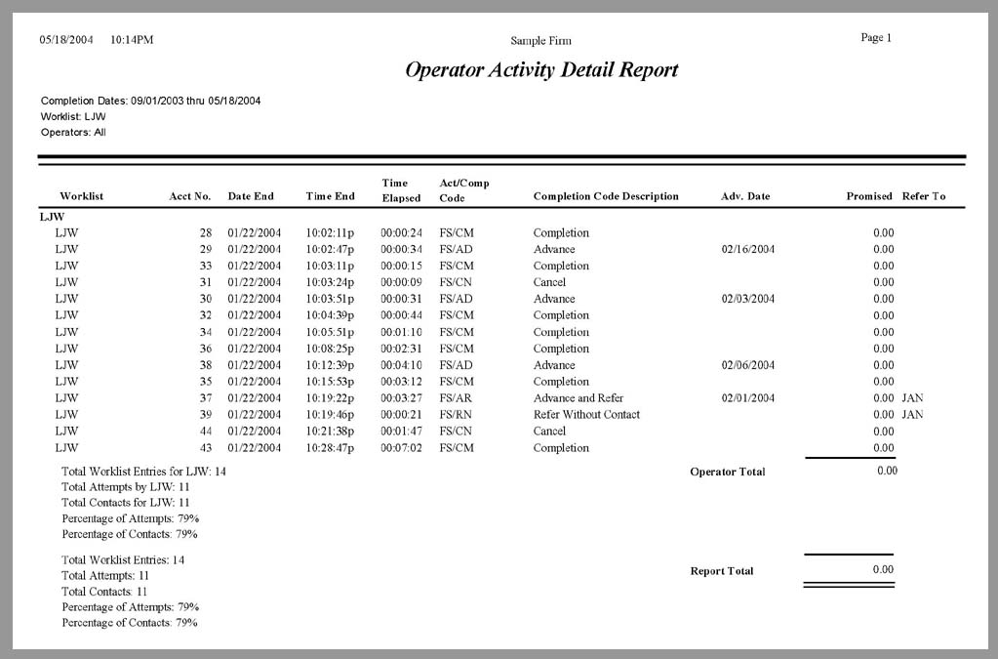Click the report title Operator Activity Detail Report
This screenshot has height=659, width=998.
[541, 70]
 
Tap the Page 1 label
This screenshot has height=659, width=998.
[876, 38]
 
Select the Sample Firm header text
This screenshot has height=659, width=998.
[540, 41]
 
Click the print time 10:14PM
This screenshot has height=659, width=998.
[132, 40]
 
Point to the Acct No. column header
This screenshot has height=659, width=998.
[190, 196]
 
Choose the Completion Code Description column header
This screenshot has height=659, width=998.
[606, 196]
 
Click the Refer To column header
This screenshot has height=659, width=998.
[924, 196]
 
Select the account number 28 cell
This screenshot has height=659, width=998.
[205, 233]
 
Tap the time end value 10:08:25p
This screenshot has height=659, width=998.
[331, 349]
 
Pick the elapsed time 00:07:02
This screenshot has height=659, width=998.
[401, 448]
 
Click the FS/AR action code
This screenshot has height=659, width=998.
[457, 398]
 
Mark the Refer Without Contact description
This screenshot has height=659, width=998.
[586, 415]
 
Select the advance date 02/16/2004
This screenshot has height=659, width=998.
[748, 250]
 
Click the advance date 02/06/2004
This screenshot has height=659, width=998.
[748, 365]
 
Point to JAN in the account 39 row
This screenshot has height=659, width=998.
[912, 415]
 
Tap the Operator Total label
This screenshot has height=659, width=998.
[727, 473]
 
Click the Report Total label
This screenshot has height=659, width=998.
[721, 571]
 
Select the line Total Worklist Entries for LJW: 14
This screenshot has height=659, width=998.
[143, 471]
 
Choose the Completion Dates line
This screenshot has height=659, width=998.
[150, 101]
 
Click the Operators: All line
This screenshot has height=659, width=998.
[73, 132]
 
